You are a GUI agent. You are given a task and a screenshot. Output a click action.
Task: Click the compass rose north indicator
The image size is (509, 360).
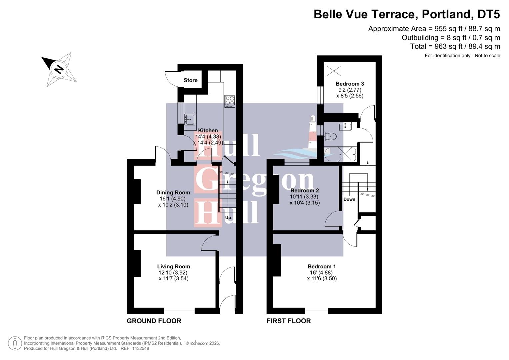(x=59, y=69)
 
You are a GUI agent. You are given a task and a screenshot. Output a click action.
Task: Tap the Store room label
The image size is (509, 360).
(x=191, y=80)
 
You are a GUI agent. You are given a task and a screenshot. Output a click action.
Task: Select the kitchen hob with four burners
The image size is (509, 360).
(x=230, y=101)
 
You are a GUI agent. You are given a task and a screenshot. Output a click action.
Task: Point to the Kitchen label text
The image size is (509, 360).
(x=208, y=130)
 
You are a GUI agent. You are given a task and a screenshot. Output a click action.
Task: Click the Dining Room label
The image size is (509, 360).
(x=173, y=192)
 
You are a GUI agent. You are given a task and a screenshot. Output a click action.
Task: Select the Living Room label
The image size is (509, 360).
(x=173, y=266)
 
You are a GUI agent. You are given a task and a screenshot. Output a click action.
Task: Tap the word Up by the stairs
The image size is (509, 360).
(x=228, y=218)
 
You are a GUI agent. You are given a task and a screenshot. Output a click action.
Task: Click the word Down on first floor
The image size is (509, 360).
(x=349, y=199)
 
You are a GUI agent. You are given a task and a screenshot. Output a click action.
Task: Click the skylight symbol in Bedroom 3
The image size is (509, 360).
(x=334, y=71)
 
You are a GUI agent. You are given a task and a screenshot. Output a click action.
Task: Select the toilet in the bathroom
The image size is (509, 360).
(x=330, y=136)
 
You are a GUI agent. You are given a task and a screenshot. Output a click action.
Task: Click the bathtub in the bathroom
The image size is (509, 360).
(x=340, y=154)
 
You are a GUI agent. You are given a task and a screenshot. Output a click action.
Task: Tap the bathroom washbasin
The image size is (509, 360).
(x=345, y=126)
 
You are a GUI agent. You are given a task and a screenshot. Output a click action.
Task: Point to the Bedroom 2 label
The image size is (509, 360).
(x=304, y=190)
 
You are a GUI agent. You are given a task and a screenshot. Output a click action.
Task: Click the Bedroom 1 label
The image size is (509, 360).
(x=321, y=266)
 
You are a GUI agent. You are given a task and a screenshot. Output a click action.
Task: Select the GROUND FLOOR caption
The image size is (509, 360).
(x=154, y=321)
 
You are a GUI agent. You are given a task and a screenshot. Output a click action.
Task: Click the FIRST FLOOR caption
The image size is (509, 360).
(x=289, y=321)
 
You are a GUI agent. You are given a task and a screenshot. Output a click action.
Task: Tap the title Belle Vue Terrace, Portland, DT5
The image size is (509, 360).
(x=407, y=14)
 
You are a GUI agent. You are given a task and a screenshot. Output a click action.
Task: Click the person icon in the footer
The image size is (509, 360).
(x=15, y=343)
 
